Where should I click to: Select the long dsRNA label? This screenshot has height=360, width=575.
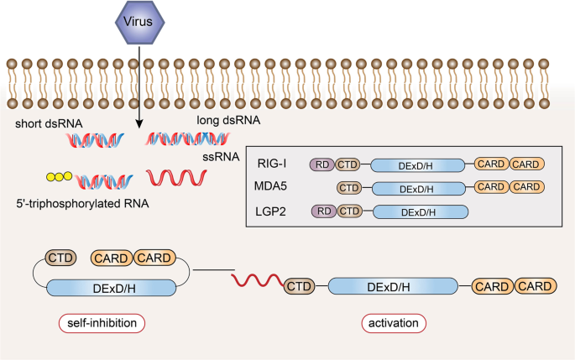click(227, 121)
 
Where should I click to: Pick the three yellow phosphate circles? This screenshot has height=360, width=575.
click(58, 178)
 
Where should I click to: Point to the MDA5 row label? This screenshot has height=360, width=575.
click(270, 187)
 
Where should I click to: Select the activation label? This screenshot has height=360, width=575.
click(395, 322)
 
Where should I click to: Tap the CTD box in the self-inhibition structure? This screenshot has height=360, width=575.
click(60, 258)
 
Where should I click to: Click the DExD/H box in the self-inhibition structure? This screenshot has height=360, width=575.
click(112, 288)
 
